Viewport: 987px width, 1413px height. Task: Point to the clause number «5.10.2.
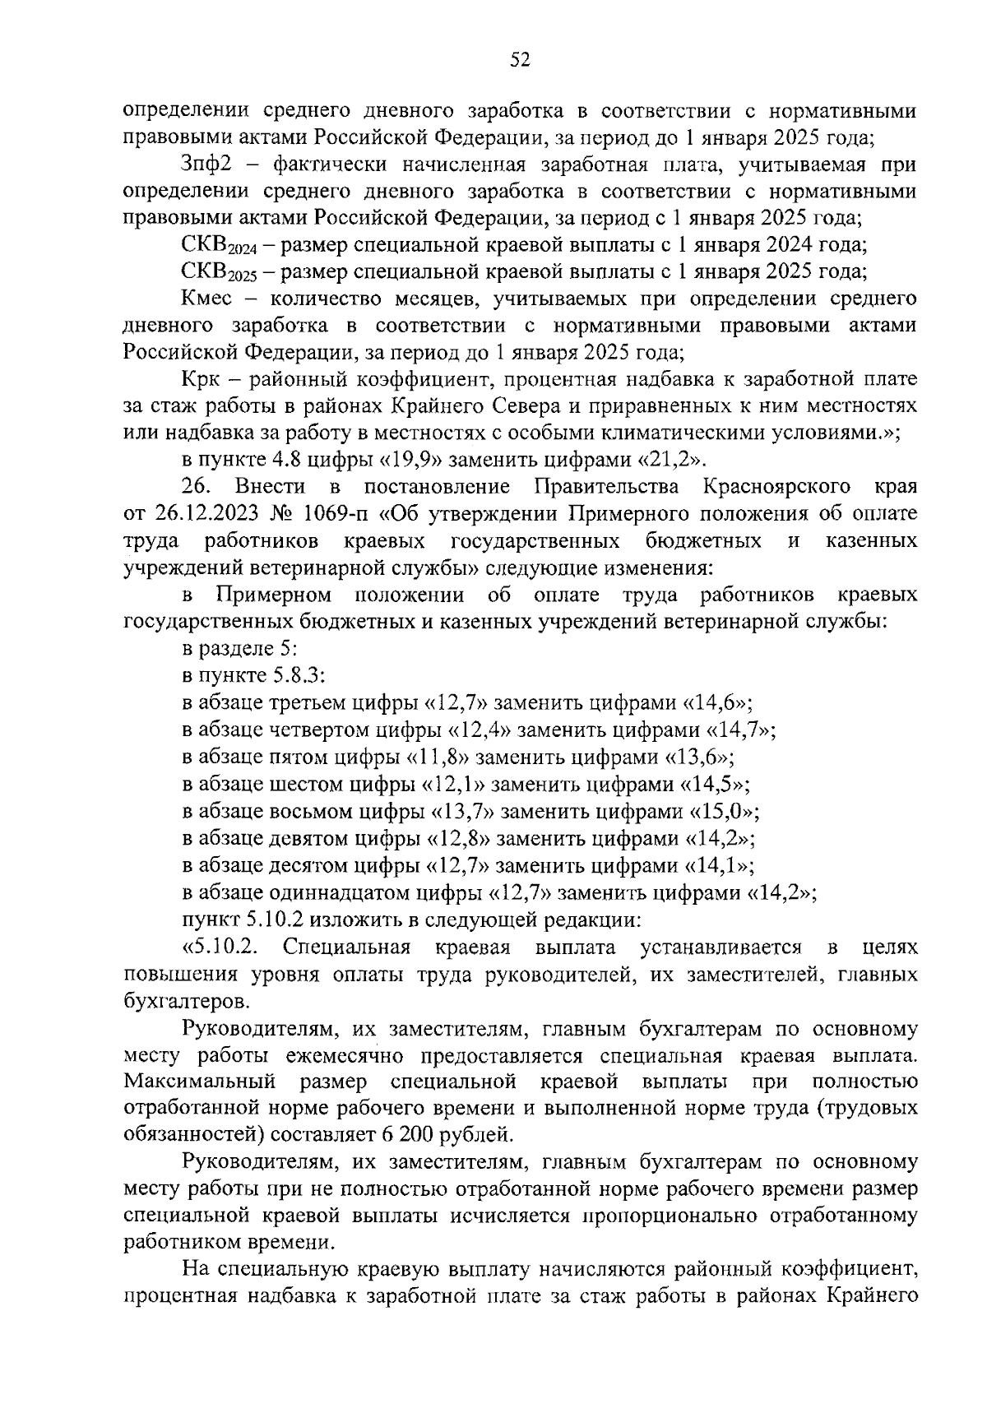click(x=220, y=947)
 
